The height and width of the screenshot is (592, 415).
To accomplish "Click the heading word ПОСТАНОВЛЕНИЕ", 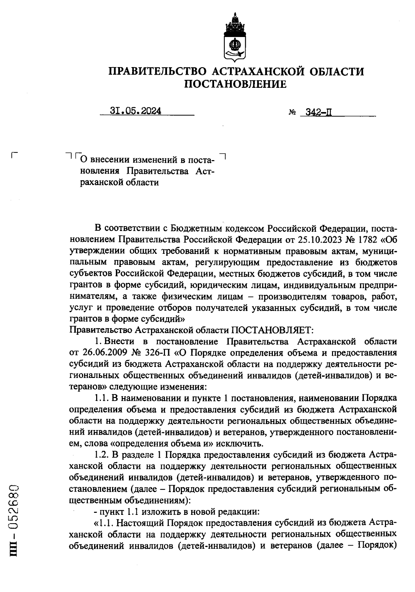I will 235,84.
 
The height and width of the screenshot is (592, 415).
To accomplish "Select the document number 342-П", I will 316,112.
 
